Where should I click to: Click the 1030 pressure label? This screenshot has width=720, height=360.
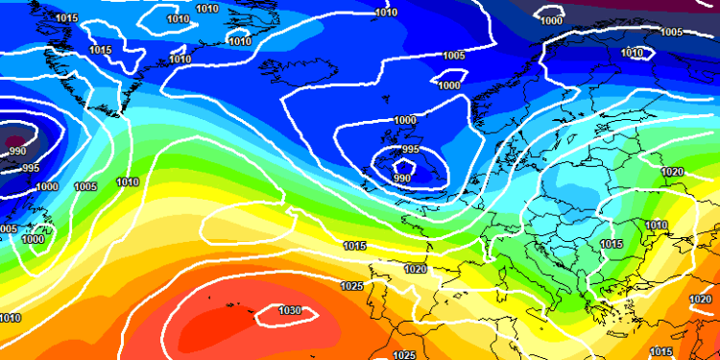tap(290, 310)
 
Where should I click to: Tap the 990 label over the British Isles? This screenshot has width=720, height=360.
tap(402, 179)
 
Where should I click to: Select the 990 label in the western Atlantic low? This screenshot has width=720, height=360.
tap(17, 152)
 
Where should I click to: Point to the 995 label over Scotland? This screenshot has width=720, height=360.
tap(410, 150)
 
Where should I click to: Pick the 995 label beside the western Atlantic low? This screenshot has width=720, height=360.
tap(30, 168)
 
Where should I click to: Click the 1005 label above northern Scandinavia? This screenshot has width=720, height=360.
tap(671, 32)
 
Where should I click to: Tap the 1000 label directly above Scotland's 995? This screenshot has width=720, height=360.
tap(405, 121)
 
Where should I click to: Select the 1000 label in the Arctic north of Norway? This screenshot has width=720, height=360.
tap(551, 20)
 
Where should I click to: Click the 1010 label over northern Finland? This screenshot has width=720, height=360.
tap(631, 53)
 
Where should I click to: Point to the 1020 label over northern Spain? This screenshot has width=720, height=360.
tap(415, 270)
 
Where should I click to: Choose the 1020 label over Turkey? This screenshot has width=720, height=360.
tap(700, 300)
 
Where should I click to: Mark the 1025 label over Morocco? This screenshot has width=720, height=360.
tap(404, 354)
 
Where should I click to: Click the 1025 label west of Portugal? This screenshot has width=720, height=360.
tap(351, 286)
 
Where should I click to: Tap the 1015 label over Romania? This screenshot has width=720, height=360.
tap(611, 246)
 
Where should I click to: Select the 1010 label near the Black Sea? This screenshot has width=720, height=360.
tap(656, 226)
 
